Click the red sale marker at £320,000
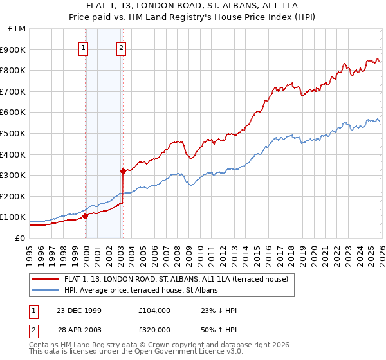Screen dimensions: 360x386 [x=123, y=171]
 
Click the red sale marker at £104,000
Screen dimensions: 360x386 [x=86, y=216]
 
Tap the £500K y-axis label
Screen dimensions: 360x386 [x=14, y=133]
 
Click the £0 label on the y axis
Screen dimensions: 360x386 [x=19, y=238]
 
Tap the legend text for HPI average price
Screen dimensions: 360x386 [x=141, y=290]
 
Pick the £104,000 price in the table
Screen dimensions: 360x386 [x=154, y=310]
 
